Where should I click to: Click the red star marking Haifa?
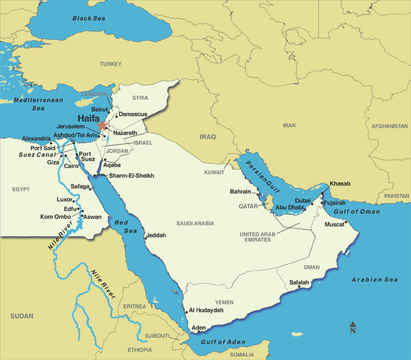pyautogui.click(x=103, y=125)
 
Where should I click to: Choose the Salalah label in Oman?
pyautogui.click(x=299, y=282)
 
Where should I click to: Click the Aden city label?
pyautogui.click(x=199, y=327)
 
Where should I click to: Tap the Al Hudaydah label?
pyautogui.click(x=206, y=310)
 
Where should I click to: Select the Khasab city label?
pyautogui.click(x=340, y=184)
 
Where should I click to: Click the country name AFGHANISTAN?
pyautogui.click(x=389, y=126)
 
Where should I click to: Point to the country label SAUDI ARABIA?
pyautogui.click(x=196, y=223)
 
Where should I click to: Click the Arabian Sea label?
pyautogui.click(x=375, y=280)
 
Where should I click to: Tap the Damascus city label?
pyautogui.click(x=133, y=114)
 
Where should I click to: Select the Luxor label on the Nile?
pyautogui.click(x=64, y=199)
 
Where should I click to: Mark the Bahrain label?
pyautogui.click(x=240, y=191)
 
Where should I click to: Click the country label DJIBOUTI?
pyautogui.click(x=157, y=336)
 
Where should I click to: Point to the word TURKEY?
pyautogui.click(x=110, y=64)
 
